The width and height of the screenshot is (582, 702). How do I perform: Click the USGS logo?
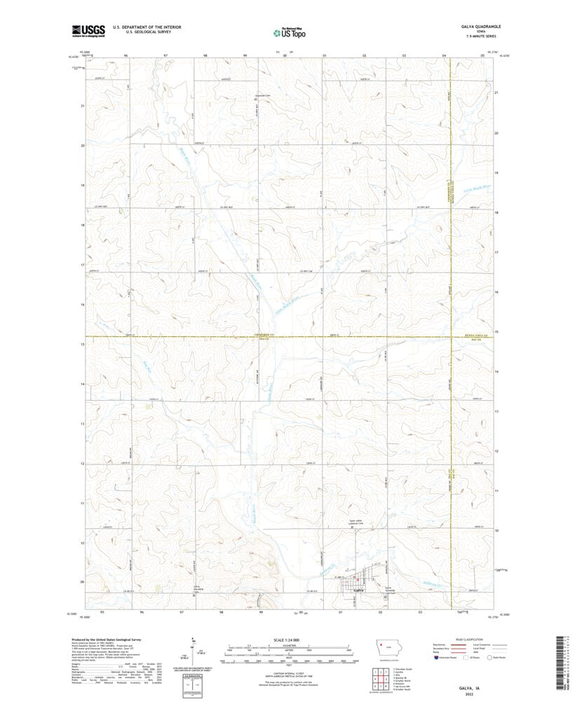[88, 30]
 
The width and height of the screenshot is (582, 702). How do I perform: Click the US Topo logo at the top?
[289, 31]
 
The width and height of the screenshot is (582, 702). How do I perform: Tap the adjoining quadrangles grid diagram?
[379, 679]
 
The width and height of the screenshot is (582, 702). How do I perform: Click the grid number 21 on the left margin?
[82, 106]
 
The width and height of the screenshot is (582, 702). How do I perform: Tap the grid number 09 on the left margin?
[82, 582]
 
